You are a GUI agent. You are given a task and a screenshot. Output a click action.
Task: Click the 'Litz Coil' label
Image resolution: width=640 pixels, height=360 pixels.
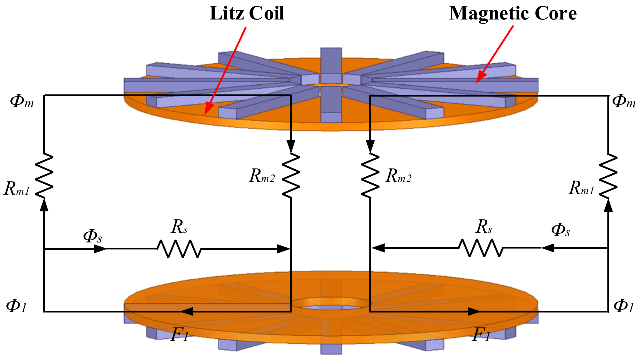coord(247,13)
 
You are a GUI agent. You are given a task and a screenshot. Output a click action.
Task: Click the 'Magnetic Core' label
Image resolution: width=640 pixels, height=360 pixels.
coord(513,13)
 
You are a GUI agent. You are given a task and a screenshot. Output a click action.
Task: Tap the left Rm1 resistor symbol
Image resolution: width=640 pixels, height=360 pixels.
coord(44,175)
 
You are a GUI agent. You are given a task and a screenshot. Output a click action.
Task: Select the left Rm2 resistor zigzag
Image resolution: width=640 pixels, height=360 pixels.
coord(291,175)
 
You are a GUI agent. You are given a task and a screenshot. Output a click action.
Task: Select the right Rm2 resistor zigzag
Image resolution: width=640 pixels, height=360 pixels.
coord(370,175)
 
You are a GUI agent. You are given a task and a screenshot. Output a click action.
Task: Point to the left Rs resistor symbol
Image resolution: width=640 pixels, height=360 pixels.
coord(179,249)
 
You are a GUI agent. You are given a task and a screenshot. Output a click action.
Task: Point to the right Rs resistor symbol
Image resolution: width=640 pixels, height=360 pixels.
coord(481,248)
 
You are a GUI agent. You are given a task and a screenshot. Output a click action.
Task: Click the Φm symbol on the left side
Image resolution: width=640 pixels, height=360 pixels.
coord(21,101)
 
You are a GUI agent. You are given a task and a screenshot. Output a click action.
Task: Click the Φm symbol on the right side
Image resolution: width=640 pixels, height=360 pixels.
coord(624,101)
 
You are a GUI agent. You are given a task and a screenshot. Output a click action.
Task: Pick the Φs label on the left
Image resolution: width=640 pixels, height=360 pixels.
coord(92,236)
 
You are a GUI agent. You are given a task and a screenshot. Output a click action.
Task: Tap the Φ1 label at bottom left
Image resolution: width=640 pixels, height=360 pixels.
coord(17,306)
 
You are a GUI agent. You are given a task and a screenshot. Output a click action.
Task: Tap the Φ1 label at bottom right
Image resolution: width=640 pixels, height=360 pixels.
coord(624,306)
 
